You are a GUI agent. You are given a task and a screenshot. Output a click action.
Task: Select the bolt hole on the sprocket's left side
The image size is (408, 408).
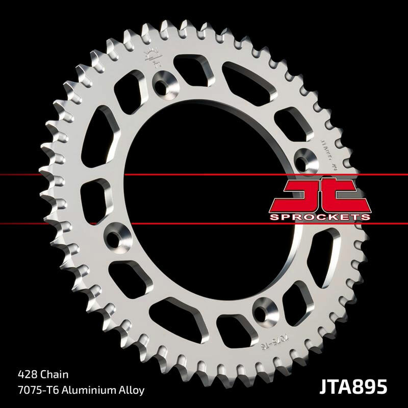(x=115, y=236)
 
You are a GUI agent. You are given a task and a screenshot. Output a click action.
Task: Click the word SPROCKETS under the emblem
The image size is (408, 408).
(x=319, y=217)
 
